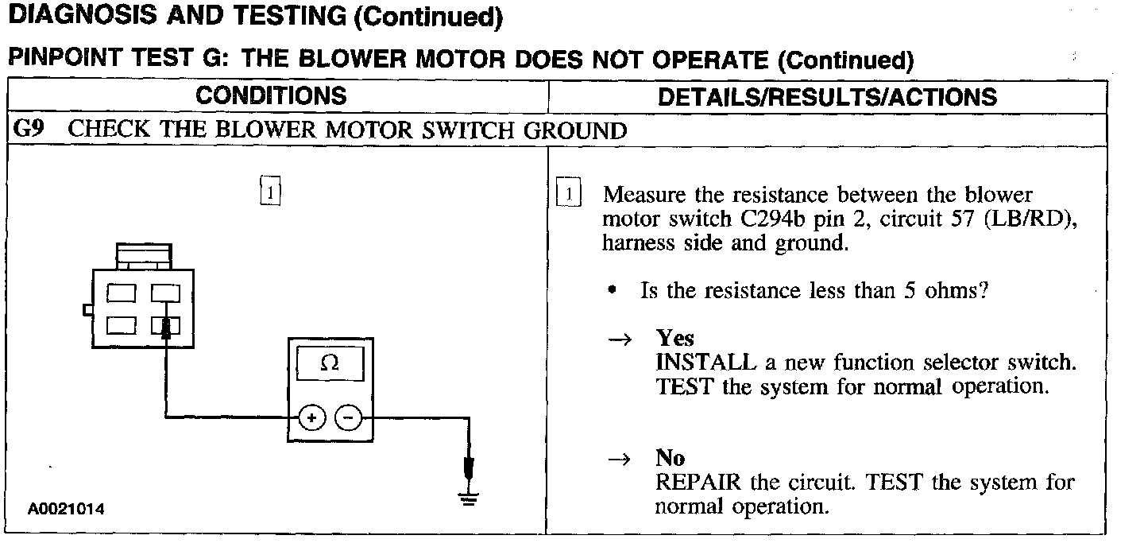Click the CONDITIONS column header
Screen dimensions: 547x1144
(271, 96)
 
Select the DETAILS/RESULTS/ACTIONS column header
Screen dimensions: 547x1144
(827, 97)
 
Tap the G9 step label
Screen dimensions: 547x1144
(29, 130)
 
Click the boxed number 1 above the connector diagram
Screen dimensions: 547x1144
(271, 192)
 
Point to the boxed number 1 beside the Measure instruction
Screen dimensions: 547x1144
(570, 194)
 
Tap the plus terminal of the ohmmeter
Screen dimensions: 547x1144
(312, 417)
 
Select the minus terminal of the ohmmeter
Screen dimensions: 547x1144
(347, 417)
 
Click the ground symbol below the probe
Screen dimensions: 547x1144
(469, 499)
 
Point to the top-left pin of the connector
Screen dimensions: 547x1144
(122, 293)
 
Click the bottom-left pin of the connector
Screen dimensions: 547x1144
(122, 324)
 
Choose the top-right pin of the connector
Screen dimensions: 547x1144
(166, 293)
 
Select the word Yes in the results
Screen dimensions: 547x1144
(674, 339)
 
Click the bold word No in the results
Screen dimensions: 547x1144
(670, 458)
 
